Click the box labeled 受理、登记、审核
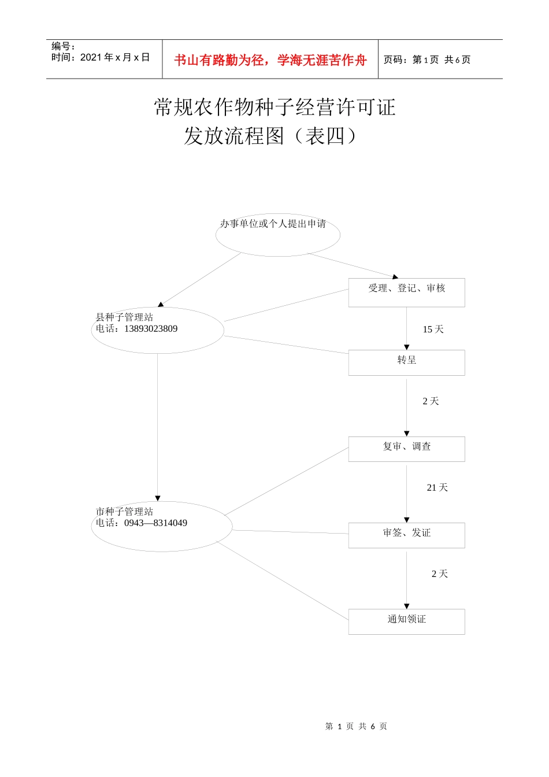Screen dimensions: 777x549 [x=406, y=292]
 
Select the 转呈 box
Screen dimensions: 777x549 [x=406, y=362]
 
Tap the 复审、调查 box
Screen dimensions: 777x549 [x=406, y=449]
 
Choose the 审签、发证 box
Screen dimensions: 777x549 [x=406, y=535]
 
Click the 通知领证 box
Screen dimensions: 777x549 [x=406, y=621]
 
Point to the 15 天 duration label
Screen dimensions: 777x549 [x=433, y=330]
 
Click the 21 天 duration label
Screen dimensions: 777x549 [x=437, y=488]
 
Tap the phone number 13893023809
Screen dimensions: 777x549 [x=151, y=329]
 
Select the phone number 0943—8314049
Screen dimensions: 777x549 [x=155, y=523]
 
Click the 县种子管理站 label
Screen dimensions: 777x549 [x=124, y=317]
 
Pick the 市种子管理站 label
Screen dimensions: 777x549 [x=124, y=512]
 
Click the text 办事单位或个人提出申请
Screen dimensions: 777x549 [x=273, y=224]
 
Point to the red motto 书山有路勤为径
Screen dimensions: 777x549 [x=219, y=60]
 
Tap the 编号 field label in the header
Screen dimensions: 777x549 [x=63, y=46]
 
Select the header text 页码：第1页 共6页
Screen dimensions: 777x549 [x=427, y=60]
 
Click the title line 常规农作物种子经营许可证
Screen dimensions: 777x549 [x=274, y=108]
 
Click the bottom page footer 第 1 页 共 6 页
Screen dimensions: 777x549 [x=356, y=726]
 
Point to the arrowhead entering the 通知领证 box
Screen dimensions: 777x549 [x=406, y=606]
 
